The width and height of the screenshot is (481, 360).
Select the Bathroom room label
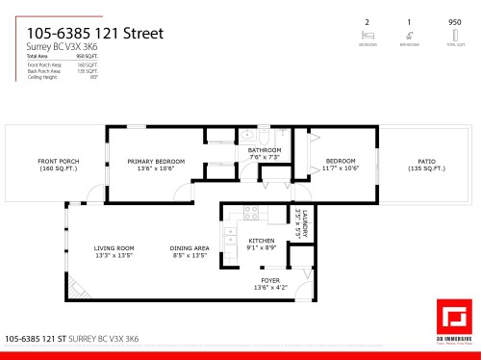pyautogui.click(x=265, y=150)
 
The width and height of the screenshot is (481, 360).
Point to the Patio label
pyautogui.click(x=426, y=161)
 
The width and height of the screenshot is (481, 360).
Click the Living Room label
pyautogui.click(x=114, y=248)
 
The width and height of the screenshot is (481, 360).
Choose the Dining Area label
pyautogui.click(x=190, y=248)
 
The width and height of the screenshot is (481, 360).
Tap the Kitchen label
pyautogui.click(x=262, y=240)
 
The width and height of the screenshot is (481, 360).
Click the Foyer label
pyautogui.click(x=270, y=280)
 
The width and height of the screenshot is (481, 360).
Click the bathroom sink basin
pyautogui.click(x=246, y=134)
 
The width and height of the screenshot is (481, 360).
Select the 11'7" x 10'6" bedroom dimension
pyautogui.click(x=342, y=168)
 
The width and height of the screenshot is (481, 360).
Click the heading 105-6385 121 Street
pyautogui.click(x=94, y=34)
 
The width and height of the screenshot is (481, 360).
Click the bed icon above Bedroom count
pyautogui.click(x=367, y=31)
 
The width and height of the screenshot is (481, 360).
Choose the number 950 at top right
pyautogui.click(x=454, y=21)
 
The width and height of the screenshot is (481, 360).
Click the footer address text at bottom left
pyautogui.click(x=72, y=339)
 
